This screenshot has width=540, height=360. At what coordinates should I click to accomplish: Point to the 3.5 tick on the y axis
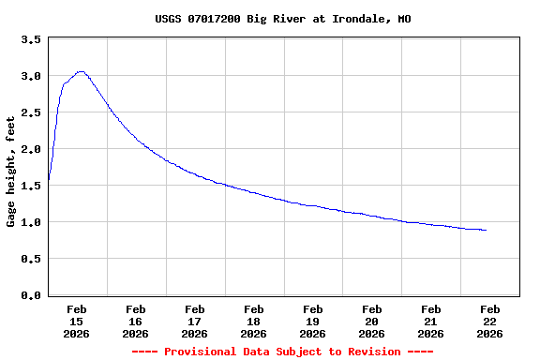pyautogui.click(x=31, y=39)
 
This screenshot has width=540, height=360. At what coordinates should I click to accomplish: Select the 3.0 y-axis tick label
pyautogui.click(x=31, y=76)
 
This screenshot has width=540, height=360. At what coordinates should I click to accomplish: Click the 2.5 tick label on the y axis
pyautogui.click(x=31, y=112)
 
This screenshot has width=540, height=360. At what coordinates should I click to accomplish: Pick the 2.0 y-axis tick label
pyautogui.click(x=31, y=149)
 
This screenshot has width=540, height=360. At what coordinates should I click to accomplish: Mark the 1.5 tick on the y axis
pyautogui.click(x=31, y=186)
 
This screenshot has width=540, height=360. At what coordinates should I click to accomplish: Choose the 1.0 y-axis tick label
pyautogui.click(x=31, y=222)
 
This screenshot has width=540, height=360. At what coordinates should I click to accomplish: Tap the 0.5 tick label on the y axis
pyautogui.click(x=31, y=259)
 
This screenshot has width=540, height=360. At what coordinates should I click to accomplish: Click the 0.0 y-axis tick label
pyautogui.click(x=31, y=295)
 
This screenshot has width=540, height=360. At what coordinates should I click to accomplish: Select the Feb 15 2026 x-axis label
pyautogui.click(x=77, y=321)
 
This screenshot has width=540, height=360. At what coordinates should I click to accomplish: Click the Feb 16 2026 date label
pyautogui.click(x=136, y=321)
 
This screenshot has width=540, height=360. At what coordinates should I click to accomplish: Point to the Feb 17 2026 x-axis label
pyautogui.click(x=195, y=321)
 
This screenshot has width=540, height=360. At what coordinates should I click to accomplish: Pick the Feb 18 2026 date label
pyautogui.click(x=254, y=321)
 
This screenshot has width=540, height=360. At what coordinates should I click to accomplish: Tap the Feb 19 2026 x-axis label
pyautogui.click(x=313, y=321)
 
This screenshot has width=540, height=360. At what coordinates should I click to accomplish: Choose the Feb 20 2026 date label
pyautogui.click(x=372, y=321)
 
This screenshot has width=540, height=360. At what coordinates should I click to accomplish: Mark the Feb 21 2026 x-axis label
pyautogui.click(x=431, y=321)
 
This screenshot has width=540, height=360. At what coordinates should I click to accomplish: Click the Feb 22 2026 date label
pyautogui.click(x=490, y=321)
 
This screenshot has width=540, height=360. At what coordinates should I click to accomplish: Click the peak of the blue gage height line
pyautogui.click(x=81, y=71)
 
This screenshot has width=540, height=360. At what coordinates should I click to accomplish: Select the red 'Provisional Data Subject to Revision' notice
pyautogui.click(x=282, y=352)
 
